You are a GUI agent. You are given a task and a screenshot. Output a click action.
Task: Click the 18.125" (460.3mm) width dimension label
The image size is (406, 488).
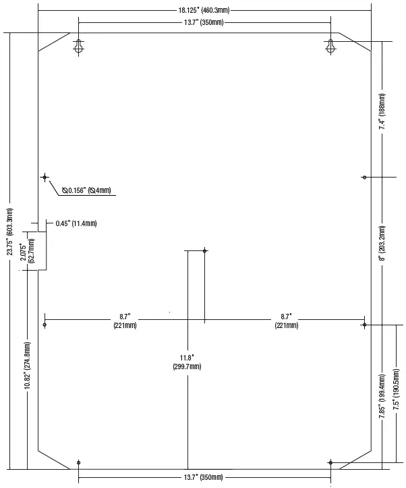click(x=204, y=10)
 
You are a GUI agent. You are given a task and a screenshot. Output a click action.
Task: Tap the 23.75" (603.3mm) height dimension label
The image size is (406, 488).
click(x=10, y=232)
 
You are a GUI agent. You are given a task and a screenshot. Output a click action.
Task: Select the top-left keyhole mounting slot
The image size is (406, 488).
click(x=79, y=47)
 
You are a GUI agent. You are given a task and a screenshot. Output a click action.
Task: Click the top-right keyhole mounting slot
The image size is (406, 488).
click(x=330, y=47)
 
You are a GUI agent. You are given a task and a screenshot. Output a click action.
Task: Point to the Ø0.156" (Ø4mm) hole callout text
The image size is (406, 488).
click(x=86, y=190)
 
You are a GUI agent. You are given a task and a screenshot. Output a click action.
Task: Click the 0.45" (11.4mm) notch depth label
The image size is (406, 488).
click(x=76, y=223)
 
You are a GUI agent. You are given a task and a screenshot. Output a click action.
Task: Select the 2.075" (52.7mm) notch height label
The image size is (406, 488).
click(x=28, y=251)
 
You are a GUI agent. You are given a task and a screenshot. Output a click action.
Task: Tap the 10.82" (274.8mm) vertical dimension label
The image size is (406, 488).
click(x=28, y=365)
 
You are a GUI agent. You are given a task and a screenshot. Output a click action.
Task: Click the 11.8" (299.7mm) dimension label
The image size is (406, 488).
click(x=187, y=362)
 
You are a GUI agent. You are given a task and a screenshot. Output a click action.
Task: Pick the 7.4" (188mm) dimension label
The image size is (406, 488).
click(x=382, y=111)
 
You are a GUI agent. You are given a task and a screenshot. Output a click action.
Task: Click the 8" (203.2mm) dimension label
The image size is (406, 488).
click(x=382, y=244)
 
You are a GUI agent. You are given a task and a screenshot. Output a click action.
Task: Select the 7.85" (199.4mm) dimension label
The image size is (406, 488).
click(x=382, y=396)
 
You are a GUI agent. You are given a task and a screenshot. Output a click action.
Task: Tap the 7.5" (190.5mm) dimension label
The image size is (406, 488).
click(x=396, y=389)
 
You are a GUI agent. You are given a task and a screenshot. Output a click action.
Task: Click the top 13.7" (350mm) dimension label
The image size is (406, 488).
click(x=204, y=22)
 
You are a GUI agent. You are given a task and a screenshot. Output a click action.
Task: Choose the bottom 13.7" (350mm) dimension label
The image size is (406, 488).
click(x=203, y=477)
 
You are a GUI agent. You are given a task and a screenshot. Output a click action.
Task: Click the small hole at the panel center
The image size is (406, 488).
click(x=204, y=250)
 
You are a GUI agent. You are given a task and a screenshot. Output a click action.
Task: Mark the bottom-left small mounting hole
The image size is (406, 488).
click(x=79, y=463)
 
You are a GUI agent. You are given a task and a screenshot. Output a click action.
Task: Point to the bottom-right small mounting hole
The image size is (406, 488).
click(x=330, y=463)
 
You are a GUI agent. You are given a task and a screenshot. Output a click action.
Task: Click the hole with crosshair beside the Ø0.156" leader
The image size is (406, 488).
click(x=45, y=177)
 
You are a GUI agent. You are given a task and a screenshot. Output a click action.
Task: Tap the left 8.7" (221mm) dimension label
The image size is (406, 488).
click(x=125, y=321)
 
